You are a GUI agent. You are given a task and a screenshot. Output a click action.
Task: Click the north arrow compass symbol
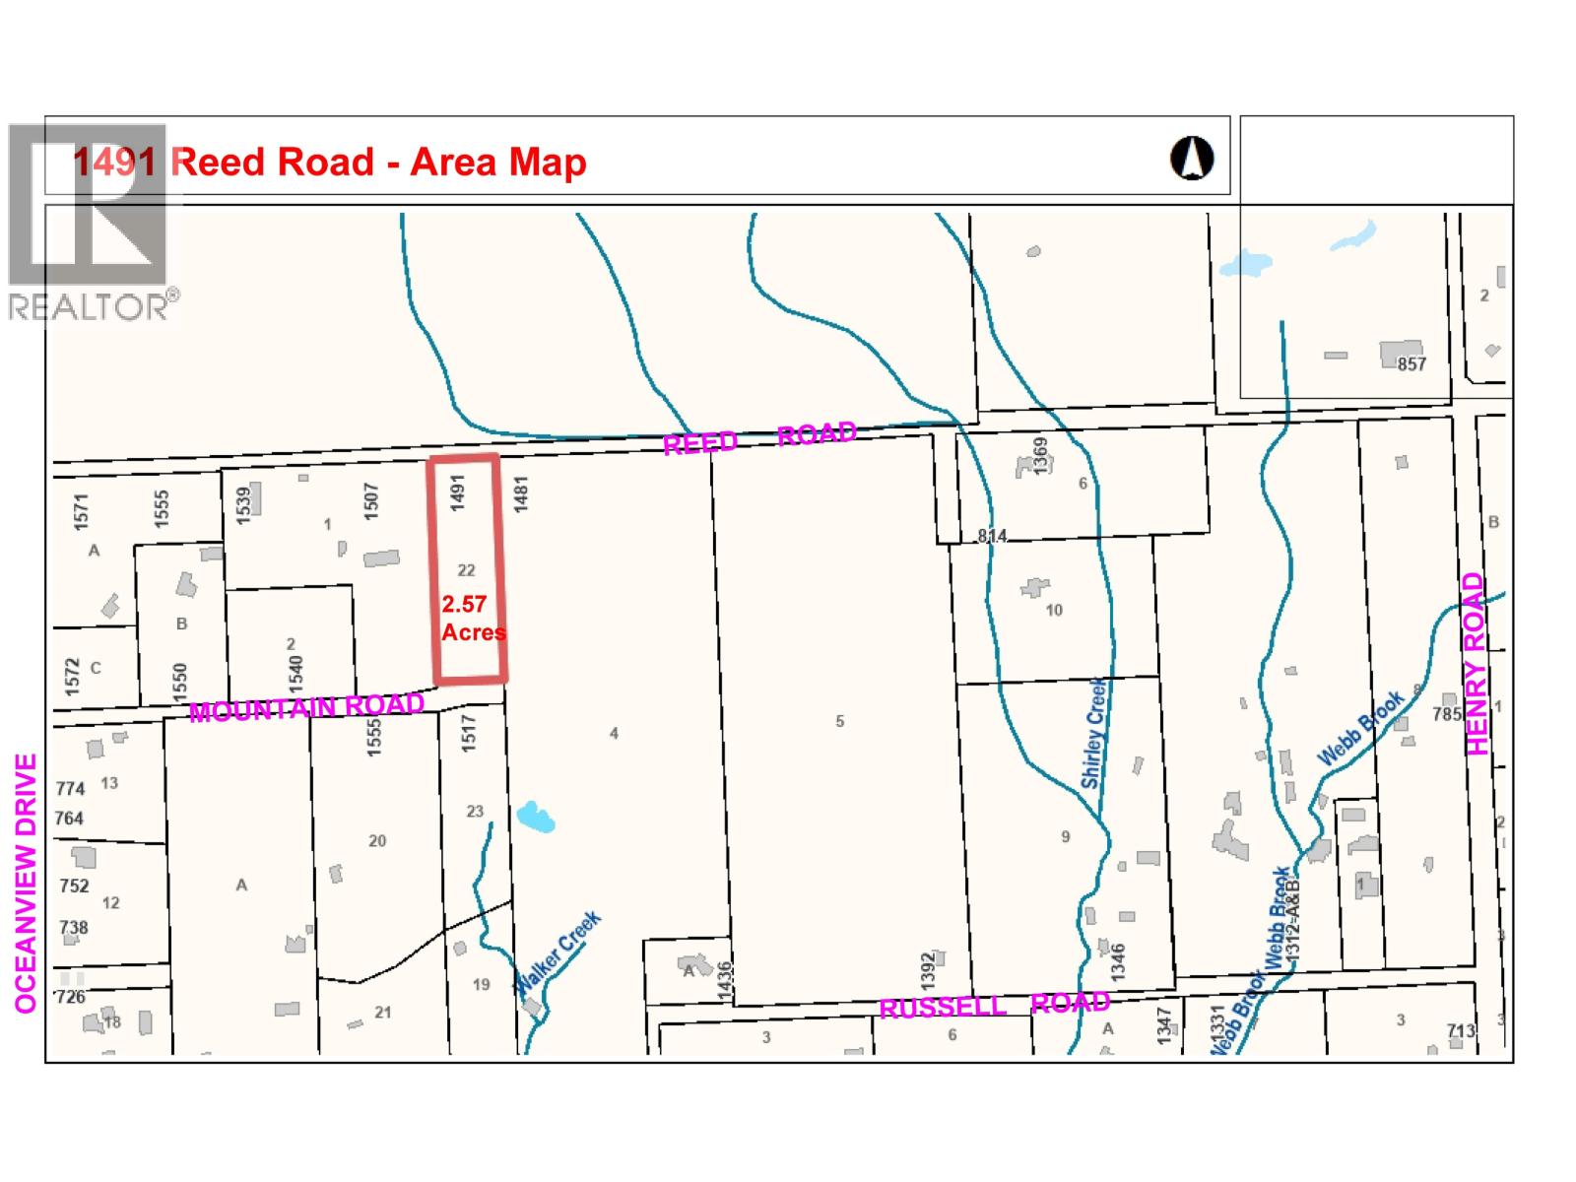click(x=1192, y=158)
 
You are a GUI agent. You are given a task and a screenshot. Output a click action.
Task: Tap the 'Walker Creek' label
click(x=558, y=952)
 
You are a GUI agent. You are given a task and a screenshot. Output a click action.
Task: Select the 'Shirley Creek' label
click(x=1093, y=733)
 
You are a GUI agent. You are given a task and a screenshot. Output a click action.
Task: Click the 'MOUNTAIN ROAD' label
click(x=306, y=707)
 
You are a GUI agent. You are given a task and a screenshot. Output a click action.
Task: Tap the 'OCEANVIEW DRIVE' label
click(x=27, y=884)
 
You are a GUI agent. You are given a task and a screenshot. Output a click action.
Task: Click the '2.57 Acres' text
click(x=472, y=619)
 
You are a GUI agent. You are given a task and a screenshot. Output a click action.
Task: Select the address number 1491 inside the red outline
click(x=457, y=492)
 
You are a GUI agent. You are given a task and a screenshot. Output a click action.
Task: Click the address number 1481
click(x=522, y=492)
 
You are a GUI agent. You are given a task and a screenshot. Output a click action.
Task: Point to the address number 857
click(x=1412, y=364)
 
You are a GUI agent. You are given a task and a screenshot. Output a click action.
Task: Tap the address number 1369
click(x=1041, y=456)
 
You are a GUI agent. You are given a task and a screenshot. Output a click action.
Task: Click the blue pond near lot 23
click(x=536, y=817)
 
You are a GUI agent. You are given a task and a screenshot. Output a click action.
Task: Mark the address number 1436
click(x=726, y=981)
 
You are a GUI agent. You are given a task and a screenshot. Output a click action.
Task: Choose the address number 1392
click(x=927, y=970)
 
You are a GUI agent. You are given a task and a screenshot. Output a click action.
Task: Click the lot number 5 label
click(x=840, y=721)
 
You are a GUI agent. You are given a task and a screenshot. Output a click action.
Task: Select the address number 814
click(x=992, y=536)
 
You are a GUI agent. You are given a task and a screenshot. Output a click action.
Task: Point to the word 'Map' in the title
click(x=547, y=163)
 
